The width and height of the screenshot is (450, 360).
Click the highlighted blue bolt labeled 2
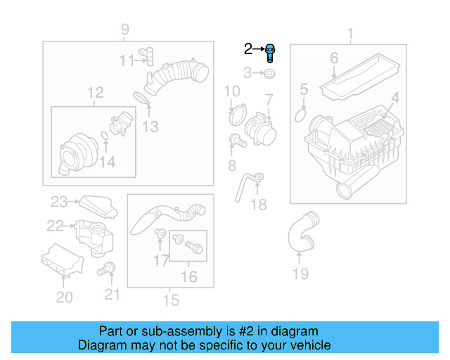coord(271,52)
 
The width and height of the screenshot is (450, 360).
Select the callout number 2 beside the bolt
coord(247,49)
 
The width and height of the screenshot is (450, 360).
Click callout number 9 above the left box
coord(125,30)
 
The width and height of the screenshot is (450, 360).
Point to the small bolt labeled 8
coord(238,141)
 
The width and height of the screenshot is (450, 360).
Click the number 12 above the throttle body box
coord(95,92)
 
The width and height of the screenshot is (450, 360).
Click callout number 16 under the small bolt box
coord(188,277)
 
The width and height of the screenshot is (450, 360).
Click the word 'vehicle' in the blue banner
coord(307,345)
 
